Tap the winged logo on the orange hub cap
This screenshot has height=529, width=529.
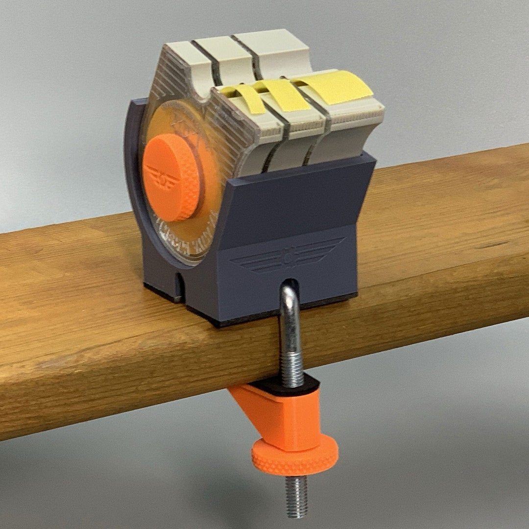point(162,177)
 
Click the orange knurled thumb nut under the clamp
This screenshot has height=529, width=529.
point(295,455)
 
